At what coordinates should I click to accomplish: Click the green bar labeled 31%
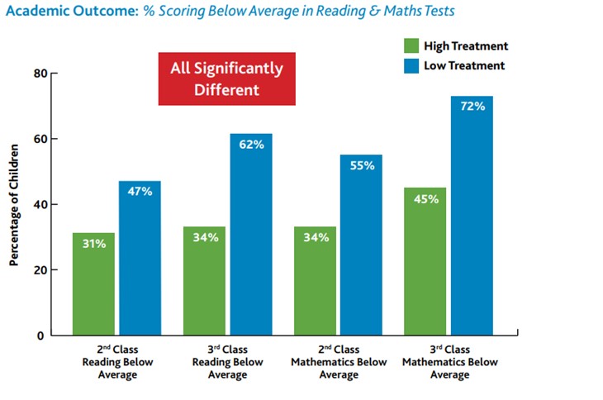93,283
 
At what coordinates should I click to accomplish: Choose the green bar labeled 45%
425,261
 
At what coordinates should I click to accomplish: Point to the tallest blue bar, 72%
471,216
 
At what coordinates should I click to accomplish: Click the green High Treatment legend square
412,45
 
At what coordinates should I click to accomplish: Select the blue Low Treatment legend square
412,65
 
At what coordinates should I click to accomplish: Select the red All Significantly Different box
226,79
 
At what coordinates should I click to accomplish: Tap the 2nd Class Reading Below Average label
116,362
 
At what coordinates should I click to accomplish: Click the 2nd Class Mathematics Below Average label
338,362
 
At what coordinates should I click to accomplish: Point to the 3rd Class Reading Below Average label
228,362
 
